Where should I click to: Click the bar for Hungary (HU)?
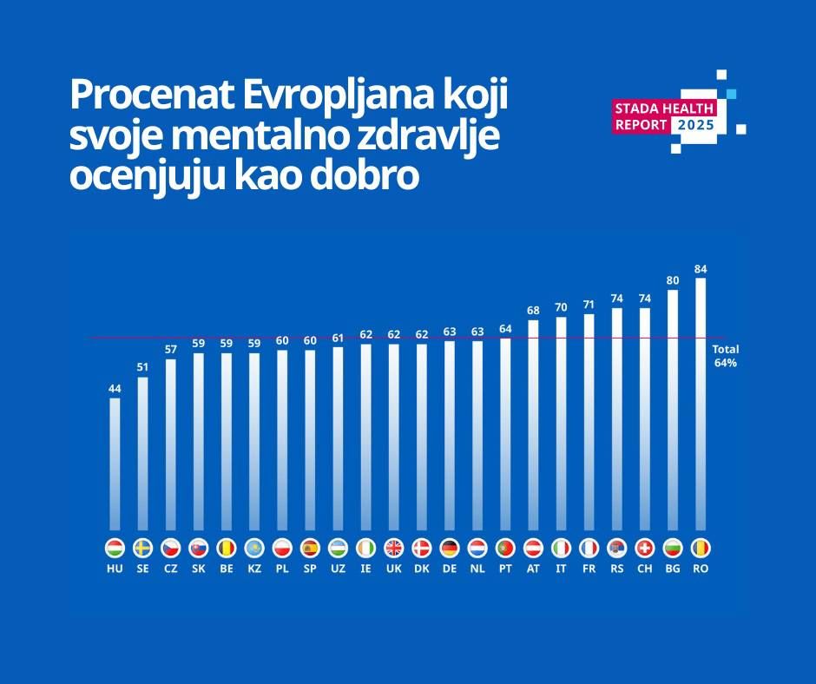point(115,464)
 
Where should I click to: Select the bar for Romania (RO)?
point(701,404)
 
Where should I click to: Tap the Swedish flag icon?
point(142,548)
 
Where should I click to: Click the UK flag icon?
point(393,548)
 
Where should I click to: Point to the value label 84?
point(701,269)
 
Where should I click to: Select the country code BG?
point(673,569)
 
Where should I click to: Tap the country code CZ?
point(170,569)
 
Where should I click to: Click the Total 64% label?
point(725,356)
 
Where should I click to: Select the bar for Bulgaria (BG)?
point(673,410)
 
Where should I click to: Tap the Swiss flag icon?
point(645,548)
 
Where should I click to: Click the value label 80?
point(673,280)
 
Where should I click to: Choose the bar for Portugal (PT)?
point(505,434)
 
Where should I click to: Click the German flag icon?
point(449,548)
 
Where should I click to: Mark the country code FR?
point(589,569)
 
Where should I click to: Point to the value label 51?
point(142,367)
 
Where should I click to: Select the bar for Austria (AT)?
point(533,425)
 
